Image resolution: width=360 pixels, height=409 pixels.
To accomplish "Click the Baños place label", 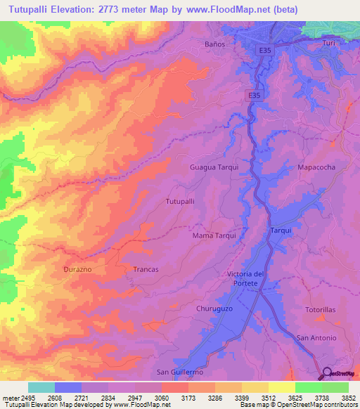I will tap(214, 44).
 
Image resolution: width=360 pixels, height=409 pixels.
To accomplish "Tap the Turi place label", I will tap(328, 44).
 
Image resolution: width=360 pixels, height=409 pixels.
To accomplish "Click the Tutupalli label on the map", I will tap(179, 201).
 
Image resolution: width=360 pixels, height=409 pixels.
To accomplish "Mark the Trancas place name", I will tap(146, 269).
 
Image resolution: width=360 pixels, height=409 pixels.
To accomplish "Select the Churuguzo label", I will tap(212, 308).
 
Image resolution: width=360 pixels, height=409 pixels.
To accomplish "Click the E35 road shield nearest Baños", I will tap(264, 51).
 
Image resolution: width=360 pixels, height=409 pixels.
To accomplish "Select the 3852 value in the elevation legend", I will tap(349, 397).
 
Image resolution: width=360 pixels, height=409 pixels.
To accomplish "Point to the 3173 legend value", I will tap(188, 397).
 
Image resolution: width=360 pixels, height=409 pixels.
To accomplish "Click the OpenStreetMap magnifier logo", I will tap(328, 372).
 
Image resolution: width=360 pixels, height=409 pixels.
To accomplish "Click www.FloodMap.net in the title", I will tap(224, 9).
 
